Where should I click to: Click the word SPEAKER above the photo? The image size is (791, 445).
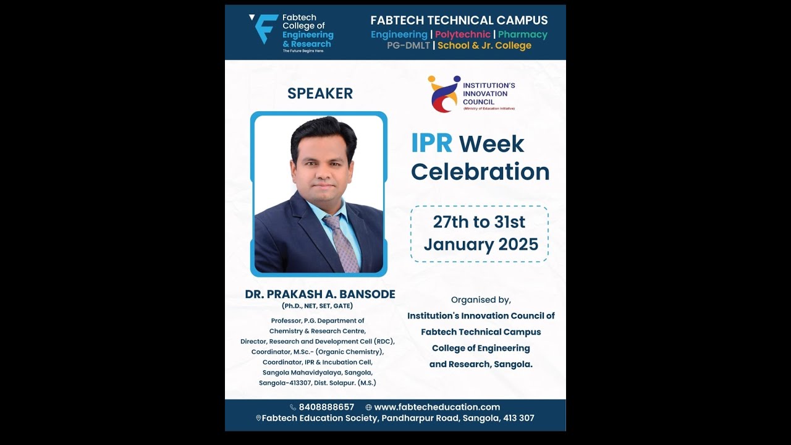[x=320, y=93]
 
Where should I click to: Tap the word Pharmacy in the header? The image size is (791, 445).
[x=523, y=35]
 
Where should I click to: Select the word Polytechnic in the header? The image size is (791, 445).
[x=462, y=35]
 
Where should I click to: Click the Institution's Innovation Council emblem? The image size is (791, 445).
[x=444, y=94]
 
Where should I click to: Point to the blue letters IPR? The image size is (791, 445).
[x=431, y=144]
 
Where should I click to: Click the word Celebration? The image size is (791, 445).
[x=480, y=172]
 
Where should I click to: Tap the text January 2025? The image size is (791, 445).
[x=481, y=244]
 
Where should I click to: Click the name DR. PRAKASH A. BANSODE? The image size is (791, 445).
[x=320, y=294]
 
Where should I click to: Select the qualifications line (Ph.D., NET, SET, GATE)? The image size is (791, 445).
[x=318, y=306]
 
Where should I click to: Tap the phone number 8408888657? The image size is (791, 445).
[x=326, y=407]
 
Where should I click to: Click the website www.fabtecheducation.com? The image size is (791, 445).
[x=437, y=407]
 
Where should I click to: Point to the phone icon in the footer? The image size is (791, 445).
[x=293, y=407]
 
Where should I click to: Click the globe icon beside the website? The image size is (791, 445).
[x=369, y=407]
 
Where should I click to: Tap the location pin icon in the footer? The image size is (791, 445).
[x=258, y=418]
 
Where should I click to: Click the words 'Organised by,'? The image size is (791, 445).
[x=481, y=300]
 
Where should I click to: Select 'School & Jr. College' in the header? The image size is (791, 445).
[x=484, y=46]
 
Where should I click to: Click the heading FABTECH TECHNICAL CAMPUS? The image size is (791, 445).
[x=459, y=20]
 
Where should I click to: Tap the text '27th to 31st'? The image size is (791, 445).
[x=479, y=222]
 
